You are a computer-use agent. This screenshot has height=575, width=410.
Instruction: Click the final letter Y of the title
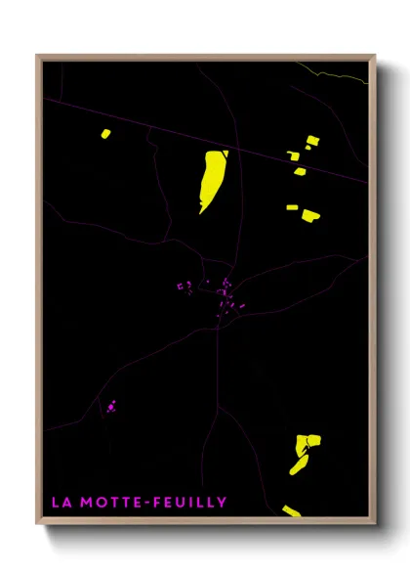223,503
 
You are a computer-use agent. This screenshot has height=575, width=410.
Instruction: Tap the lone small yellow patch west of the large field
105,134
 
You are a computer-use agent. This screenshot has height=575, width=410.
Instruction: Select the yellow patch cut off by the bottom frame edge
291,510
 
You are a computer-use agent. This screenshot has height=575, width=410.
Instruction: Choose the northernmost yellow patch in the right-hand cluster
311,141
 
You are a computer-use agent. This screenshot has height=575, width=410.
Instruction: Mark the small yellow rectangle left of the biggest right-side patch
291,207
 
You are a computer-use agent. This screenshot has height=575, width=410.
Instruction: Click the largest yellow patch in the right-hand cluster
310,215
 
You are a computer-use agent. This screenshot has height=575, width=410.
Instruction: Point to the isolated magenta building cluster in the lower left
111,405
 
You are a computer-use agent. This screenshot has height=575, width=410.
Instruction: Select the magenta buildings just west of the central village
182,286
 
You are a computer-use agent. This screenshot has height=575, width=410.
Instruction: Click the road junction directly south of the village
217,329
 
